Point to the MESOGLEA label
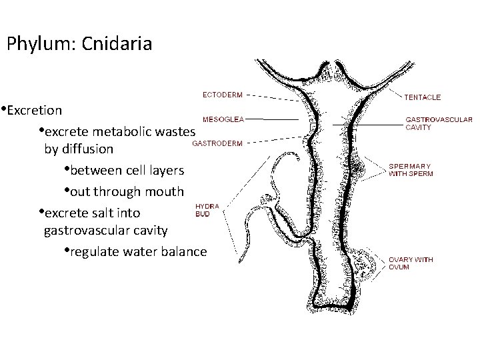click(222, 119)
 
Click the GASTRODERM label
click(217, 142)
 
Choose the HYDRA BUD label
click(207, 211)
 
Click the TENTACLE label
click(422, 97)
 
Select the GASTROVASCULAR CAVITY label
click(439, 123)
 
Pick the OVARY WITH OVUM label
click(411, 263)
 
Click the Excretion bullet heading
click(34, 109)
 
